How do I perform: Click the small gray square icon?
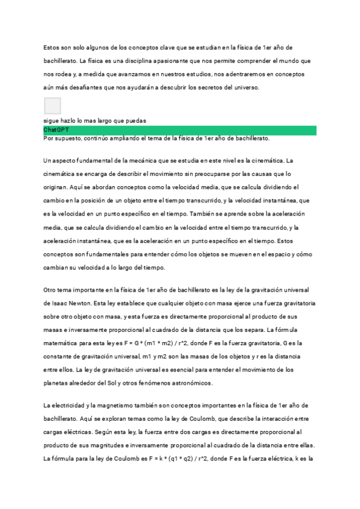(53, 106)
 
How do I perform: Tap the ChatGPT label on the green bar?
(56, 130)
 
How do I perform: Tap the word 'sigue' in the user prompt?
(52, 121)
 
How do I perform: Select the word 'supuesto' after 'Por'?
(74, 138)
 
